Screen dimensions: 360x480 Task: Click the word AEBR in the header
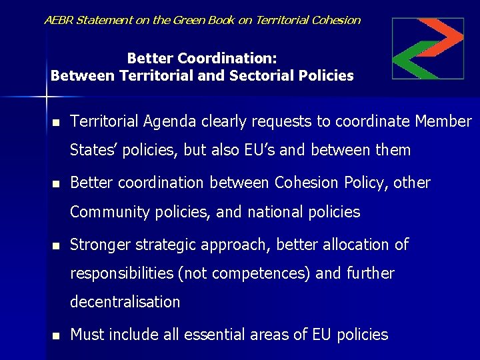59,20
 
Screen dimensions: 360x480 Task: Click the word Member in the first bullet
443,121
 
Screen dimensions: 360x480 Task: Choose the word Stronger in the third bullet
99,245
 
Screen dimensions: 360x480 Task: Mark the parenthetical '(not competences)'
257,273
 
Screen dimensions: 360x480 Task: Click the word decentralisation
125,302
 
